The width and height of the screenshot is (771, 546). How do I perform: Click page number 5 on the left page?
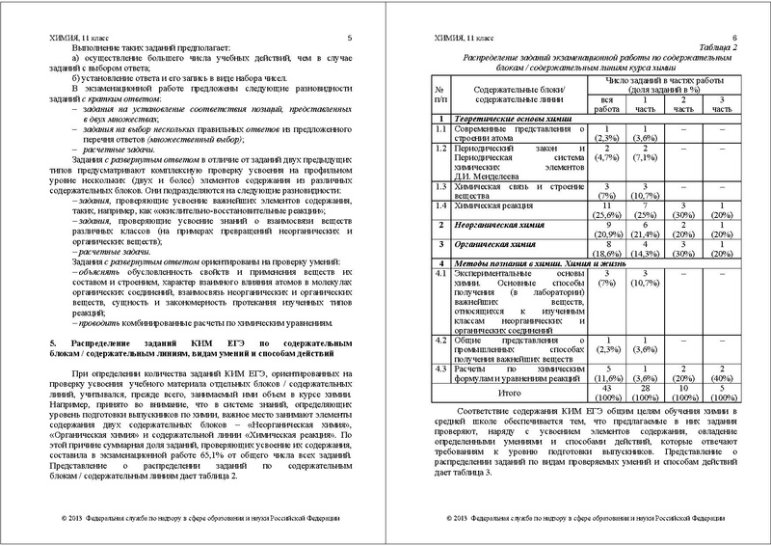coord(350,38)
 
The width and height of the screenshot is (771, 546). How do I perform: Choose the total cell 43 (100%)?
coord(605,398)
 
